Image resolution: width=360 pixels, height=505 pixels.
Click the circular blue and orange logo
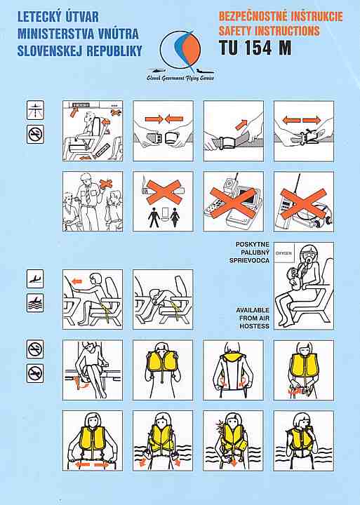pos(180,49)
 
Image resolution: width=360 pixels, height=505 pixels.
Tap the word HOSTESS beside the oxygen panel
pos(254,326)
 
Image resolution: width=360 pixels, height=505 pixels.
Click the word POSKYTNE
pos(253,245)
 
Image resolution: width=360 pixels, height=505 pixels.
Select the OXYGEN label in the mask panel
pos(284,253)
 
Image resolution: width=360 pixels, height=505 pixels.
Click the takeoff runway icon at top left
pos(36,110)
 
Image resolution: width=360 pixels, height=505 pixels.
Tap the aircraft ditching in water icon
pos(35,303)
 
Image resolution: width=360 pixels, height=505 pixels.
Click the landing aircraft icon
pos(35,278)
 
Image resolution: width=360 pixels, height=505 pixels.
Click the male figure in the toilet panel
pos(154,217)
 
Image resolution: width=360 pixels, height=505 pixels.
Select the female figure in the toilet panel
pos(175,217)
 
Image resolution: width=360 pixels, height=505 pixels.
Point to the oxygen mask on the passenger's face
pos(309,259)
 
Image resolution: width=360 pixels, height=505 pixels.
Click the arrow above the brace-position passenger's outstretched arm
pos(76,282)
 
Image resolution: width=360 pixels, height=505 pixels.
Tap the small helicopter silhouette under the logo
pos(157,71)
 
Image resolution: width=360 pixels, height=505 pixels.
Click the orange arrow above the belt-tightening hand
pos(241,124)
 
